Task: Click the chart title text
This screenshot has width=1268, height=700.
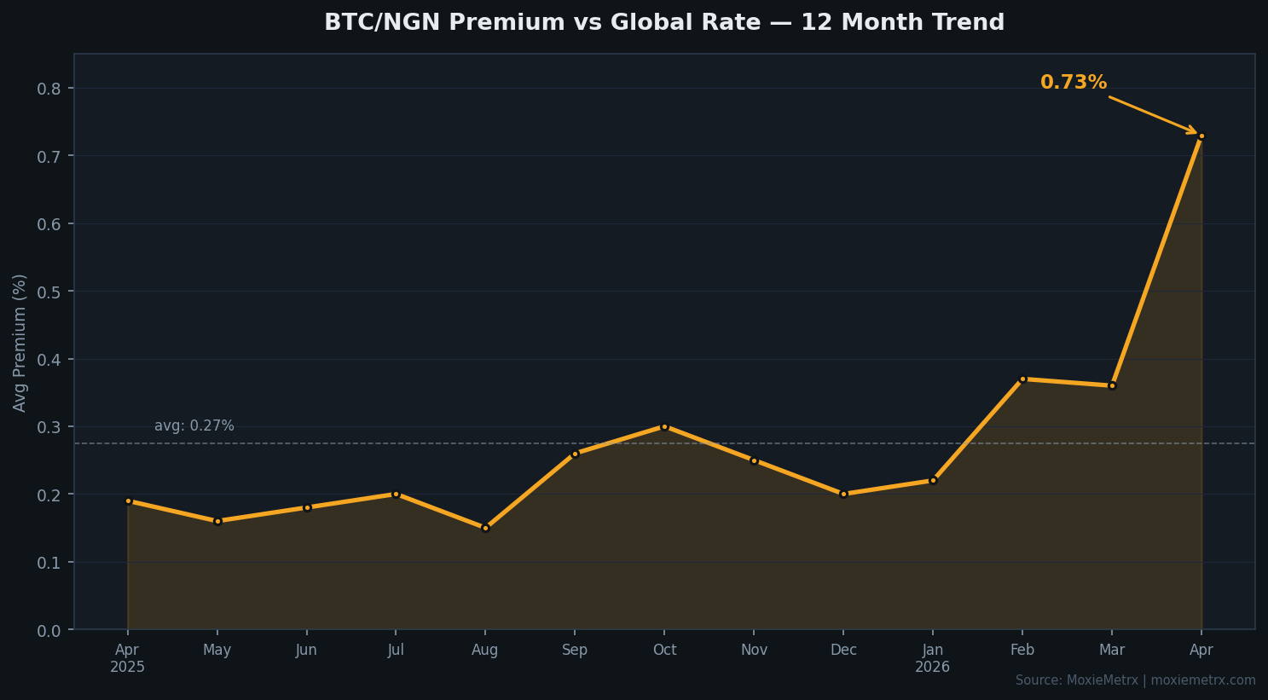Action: (663, 23)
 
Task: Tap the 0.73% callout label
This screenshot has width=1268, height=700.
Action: (1073, 83)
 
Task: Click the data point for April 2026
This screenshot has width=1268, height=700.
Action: (1201, 136)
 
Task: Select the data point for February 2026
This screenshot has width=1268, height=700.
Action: (1022, 379)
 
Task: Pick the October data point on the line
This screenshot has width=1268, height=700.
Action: (664, 426)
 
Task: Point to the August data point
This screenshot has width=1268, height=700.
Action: (485, 528)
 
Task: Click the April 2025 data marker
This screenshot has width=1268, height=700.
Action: (128, 501)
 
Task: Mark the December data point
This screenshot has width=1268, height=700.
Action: (843, 494)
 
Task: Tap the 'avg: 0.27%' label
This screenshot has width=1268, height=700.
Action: (194, 426)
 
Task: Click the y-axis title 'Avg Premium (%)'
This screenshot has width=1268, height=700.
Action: (20, 343)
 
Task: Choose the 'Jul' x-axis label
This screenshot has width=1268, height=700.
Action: (396, 651)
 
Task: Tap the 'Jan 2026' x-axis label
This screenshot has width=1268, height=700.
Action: (932, 658)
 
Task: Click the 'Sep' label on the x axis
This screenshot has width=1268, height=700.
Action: (575, 651)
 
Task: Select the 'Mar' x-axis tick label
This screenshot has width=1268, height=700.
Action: (1111, 651)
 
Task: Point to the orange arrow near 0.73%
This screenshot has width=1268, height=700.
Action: (1153, 115)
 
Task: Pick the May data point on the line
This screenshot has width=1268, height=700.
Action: (217, 521)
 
